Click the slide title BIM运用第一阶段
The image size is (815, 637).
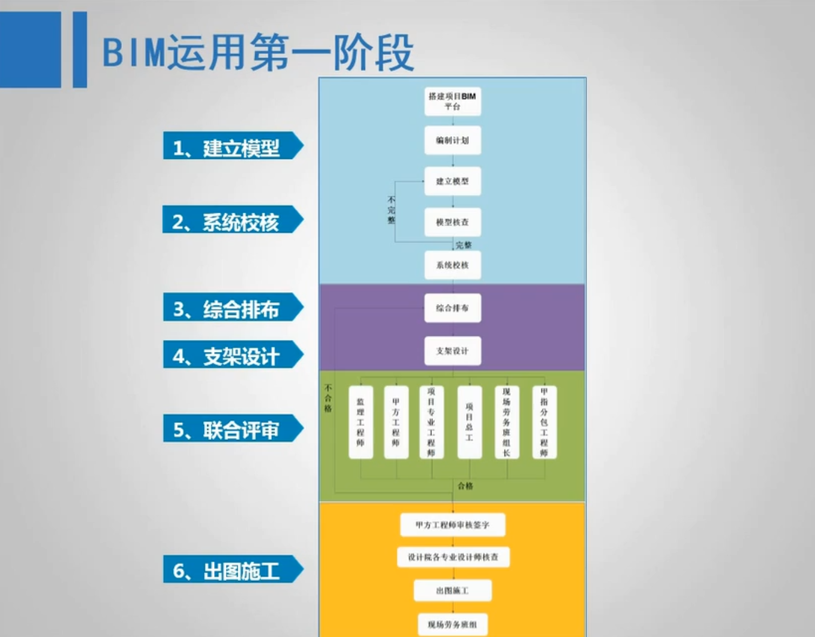(258, 53)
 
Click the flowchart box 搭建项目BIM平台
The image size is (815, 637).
(452, 101)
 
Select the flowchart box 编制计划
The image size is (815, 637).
(452, 140)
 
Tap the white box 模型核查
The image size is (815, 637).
(452, 222)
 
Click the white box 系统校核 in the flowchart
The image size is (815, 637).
(452, 265)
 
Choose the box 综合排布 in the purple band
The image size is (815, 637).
(452, 308)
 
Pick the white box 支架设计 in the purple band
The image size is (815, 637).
(452, 351)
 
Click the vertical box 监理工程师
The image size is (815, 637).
(360, 422)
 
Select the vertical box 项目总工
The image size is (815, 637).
(469, 422)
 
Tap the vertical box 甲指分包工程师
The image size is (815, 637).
(544, 422)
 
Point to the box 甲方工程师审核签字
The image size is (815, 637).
(452, 525)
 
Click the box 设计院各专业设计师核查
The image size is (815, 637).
(453, 557)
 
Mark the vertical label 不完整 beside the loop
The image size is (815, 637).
(391, 210)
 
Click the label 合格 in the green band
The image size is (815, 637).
(465, 486)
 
